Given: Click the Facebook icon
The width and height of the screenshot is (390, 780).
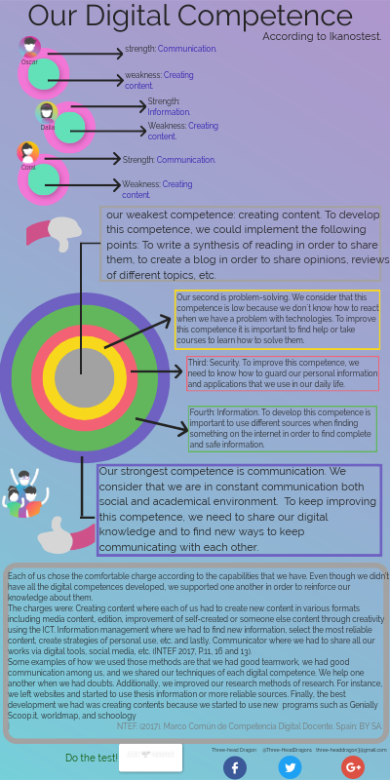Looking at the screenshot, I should (234, 766).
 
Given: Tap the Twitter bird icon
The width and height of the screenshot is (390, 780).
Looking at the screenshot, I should (290, 766).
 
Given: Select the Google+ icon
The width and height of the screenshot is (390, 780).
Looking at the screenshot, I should (352, 766).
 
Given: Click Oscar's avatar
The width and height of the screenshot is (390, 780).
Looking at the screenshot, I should (30, 48).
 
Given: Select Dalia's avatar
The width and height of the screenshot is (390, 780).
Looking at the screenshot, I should (47, 113).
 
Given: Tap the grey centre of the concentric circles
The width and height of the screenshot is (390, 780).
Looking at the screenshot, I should (83, 375).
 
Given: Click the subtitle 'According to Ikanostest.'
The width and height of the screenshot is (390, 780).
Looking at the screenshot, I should (322, 36).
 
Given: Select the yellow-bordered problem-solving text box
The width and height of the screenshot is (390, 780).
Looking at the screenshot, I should (277, 320).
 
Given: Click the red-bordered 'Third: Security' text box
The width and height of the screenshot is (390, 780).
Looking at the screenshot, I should (282, 373).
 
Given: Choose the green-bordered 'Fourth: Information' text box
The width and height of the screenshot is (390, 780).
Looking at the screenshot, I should (282, 429).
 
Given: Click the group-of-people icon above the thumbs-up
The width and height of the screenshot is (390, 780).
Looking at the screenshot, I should (26, 492).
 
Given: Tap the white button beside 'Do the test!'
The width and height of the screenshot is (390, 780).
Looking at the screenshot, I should (150, 758).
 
